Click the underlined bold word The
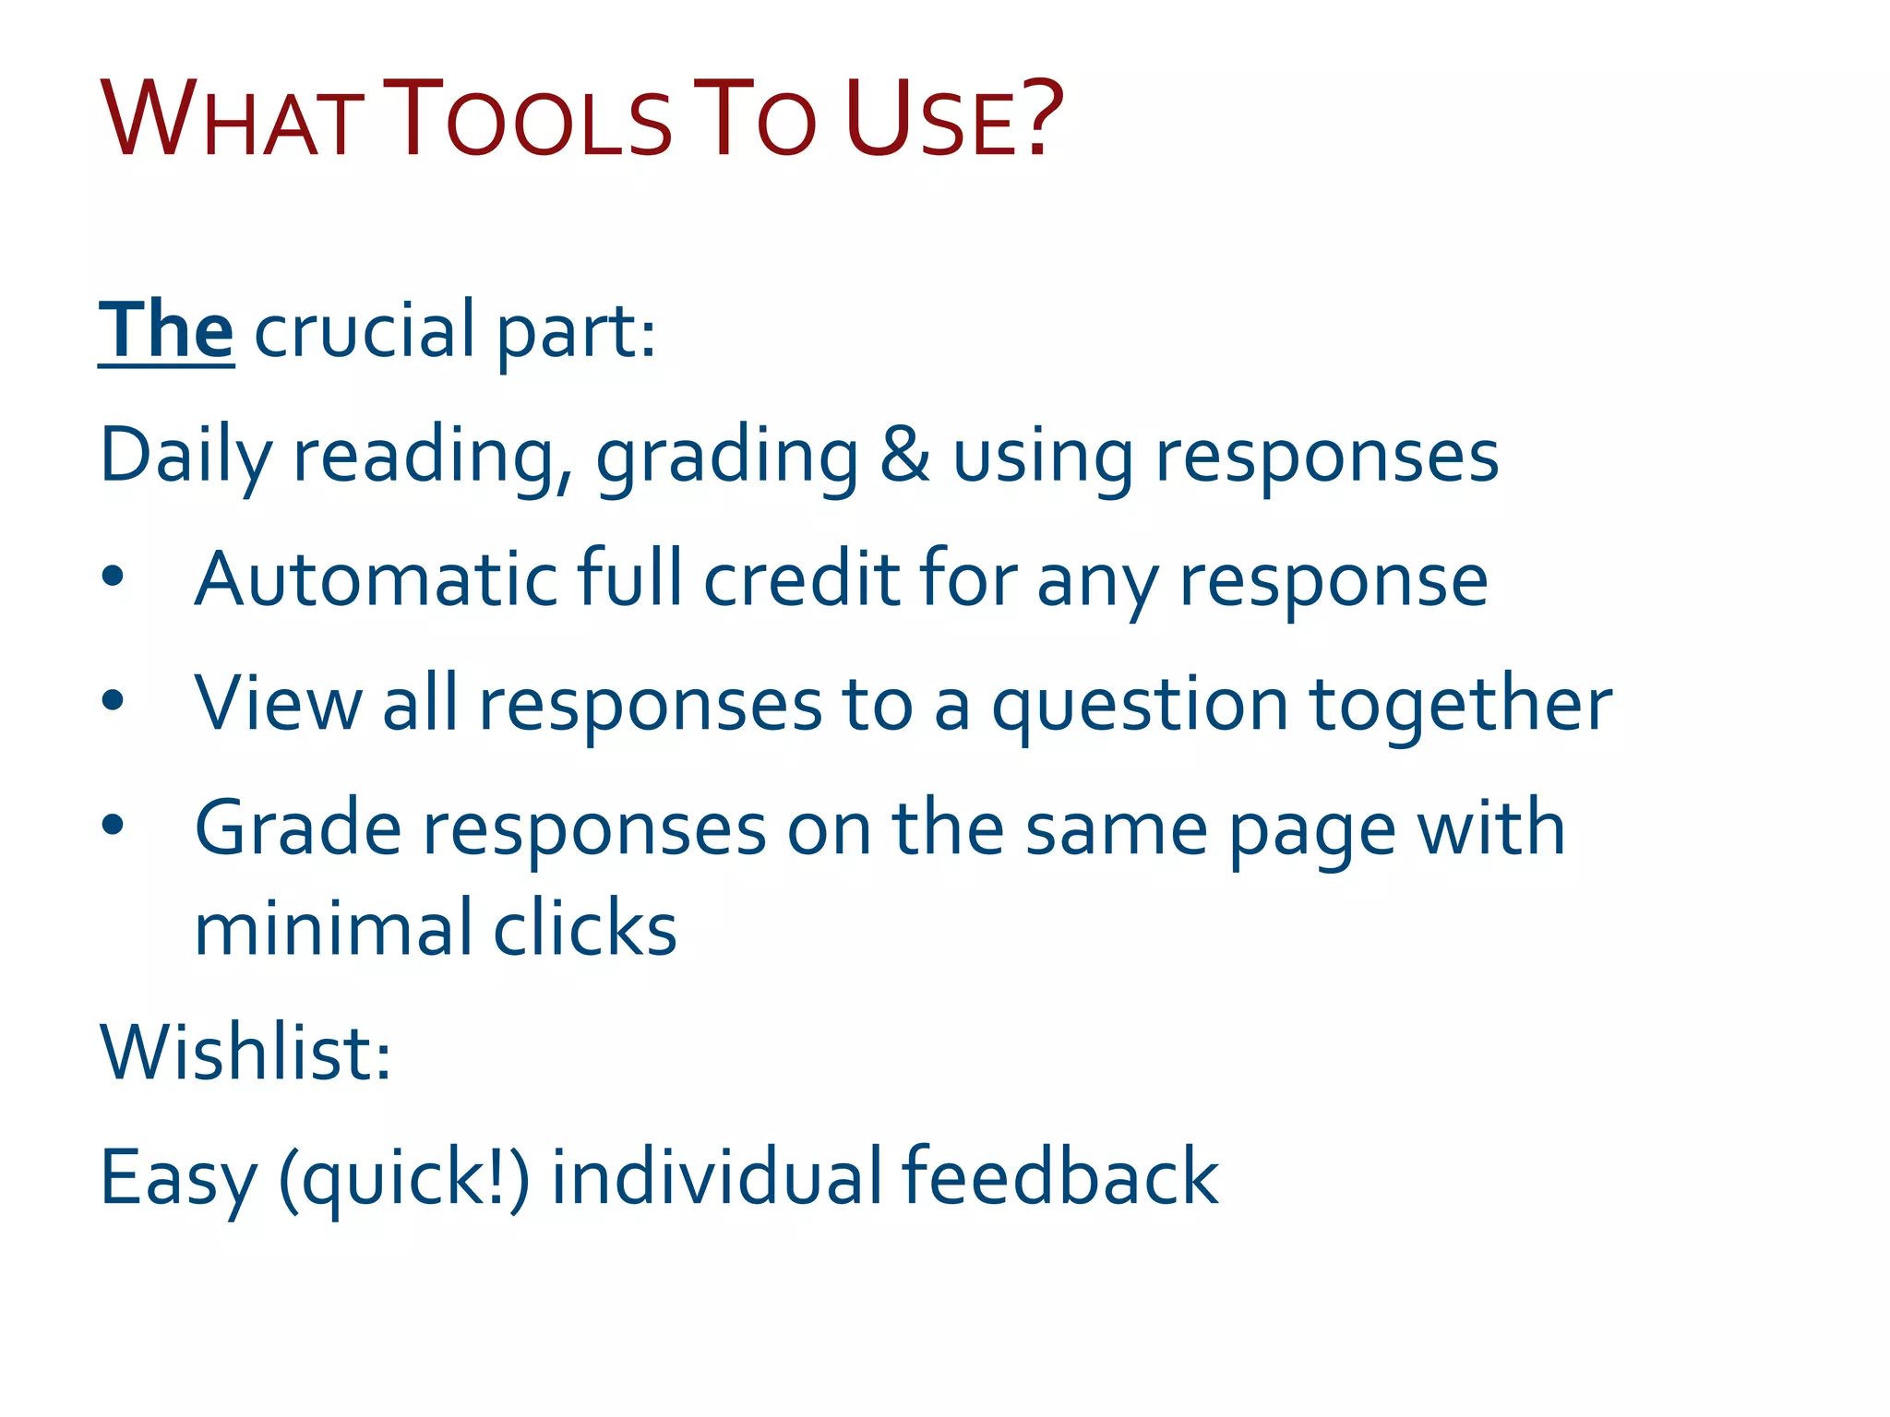[x=166, y=330]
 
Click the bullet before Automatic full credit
[x=113, y=577]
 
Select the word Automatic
[x=376, y=579]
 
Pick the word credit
[x=801, y=579]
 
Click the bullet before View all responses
[x=113, y=701]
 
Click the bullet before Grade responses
[x=113, y=825]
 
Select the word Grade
[x=298, y=828]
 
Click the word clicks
[x=585, y=928]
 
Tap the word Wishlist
[x=245, y=1053]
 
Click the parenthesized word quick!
[x=404, y=1178]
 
